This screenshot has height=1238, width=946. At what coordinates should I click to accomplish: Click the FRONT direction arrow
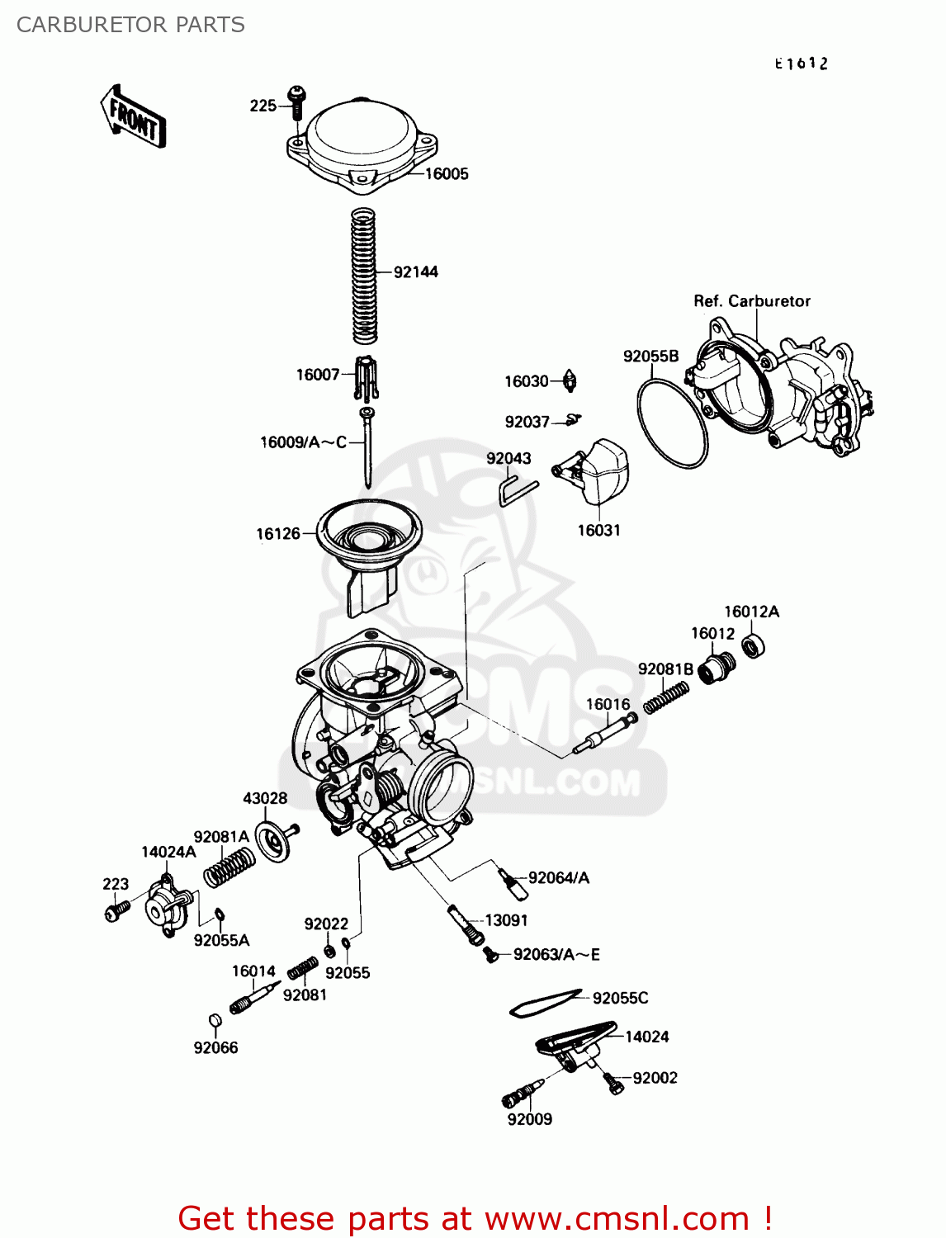pos(133,117)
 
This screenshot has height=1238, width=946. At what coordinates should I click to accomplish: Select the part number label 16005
pos(447,173)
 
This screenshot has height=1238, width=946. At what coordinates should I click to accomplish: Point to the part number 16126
pos(278,534)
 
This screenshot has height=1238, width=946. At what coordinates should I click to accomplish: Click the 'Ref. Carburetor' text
pos(752,301)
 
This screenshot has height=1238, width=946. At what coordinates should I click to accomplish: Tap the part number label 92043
pos(508,459)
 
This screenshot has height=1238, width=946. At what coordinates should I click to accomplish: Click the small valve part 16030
pos(570,381)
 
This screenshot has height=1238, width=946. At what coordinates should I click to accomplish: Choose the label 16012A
pos(751,612)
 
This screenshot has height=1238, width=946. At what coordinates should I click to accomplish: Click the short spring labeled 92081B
pos(666,697)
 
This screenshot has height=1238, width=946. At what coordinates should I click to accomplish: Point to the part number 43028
pos(265,798)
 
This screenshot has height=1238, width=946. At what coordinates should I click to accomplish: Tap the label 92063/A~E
pos(556,955)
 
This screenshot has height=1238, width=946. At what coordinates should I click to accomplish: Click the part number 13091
pos(506,920)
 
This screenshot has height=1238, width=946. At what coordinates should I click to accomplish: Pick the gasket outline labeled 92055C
pos(545,1003)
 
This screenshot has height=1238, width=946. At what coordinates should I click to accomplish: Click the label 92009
pos(530,1119)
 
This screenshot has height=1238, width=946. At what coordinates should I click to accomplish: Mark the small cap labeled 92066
pos(215,1021)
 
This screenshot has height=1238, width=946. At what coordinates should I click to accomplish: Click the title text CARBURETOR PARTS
pos(130,25)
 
